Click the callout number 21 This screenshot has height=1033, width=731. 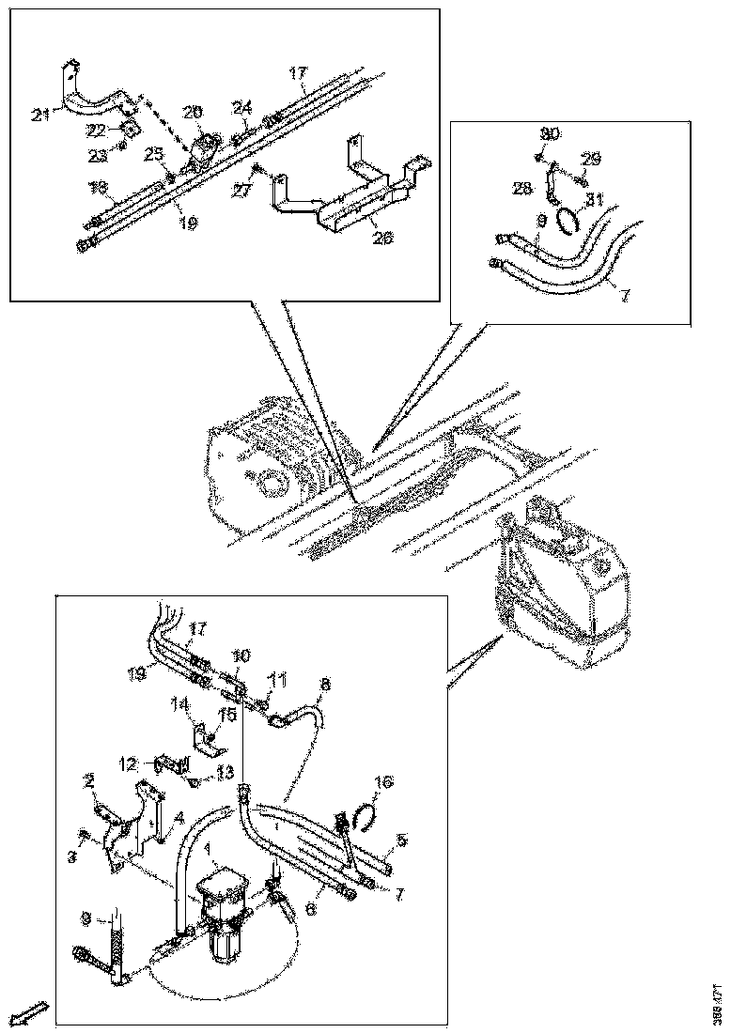pyautogui.click(x=39, y=115)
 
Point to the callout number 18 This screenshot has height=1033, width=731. pyautogui.click(x=99, y=187)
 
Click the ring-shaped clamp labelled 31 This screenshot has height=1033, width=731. pyautogui.click(x=567, y=222)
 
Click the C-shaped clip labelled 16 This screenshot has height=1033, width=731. pyautogui.click(x=365, y=811)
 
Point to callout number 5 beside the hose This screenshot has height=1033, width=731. pyautogui.click(x=400, y=839)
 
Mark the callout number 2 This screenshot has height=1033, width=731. pyautogui.click(x=90, y=780)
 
